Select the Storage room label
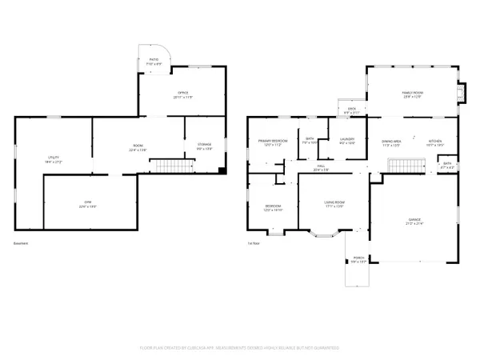point(205,146)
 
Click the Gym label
point(89,203)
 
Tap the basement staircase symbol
point(174,166)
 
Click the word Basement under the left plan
point(22,244)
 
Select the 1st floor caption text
point(254,244)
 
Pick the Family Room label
point(412,94)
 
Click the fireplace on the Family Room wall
point(460,94)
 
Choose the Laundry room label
point(347,141)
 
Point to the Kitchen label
point(434,142)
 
